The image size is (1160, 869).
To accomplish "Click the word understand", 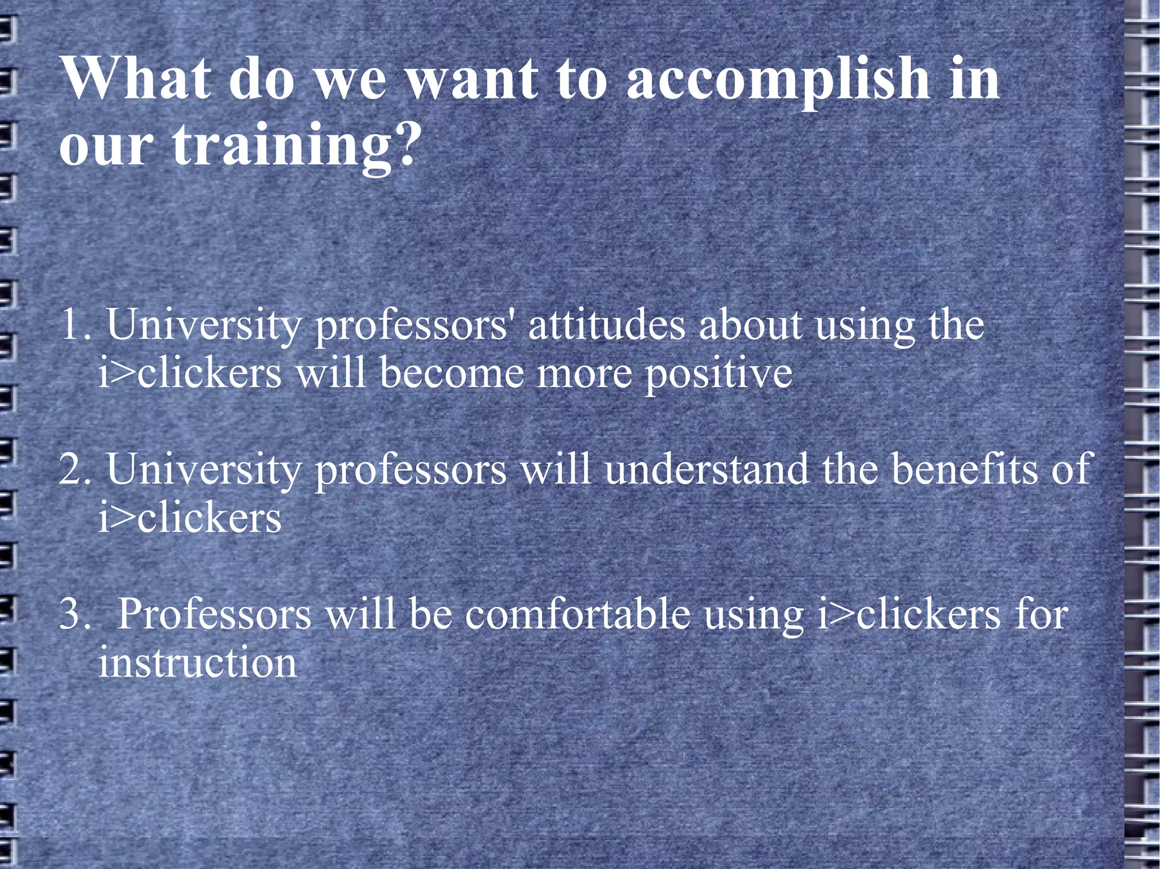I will pyautogui.click(x=706, y=469).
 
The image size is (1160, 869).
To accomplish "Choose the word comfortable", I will pyautogui.click(x=578, y=614).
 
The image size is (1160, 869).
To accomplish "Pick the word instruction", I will pyautogui.click(x=197, y=662).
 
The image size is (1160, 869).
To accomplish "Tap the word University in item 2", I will pyautogui.click(x=204, y=470).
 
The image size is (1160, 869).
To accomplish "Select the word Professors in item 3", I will pyautogui.click(x=214, y=614).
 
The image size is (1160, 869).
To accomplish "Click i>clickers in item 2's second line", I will pyautogui.click(x=190, y=518).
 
